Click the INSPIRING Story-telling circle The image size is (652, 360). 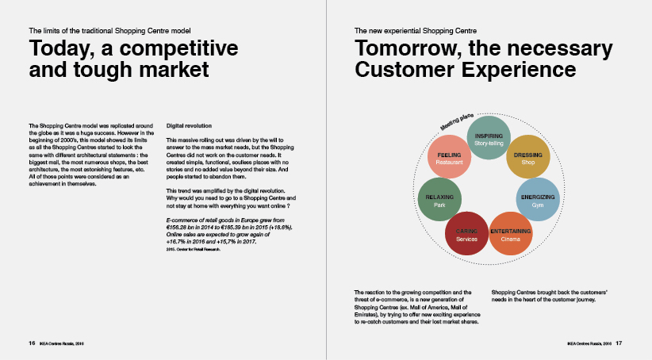(489, 138)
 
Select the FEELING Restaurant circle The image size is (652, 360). (449, 157)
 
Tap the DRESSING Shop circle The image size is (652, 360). (528, 157)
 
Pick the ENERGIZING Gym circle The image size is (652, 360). (538, 200)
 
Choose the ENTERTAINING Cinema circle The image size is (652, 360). (510, 234)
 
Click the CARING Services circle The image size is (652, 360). (466, 234)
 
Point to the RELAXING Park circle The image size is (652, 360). (439, 200)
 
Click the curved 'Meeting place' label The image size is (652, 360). (457, 121)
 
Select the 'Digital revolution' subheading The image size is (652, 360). (189, 125)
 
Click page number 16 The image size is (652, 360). (32, 343)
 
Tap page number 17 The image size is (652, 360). (619, 343)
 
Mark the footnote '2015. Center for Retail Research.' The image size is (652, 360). (193, 250)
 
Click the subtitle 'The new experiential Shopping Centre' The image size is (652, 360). (416, 31)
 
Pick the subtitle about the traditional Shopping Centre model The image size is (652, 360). (109, 31)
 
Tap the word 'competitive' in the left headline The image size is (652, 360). (178, 48)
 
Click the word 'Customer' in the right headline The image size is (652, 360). (405, 70)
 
